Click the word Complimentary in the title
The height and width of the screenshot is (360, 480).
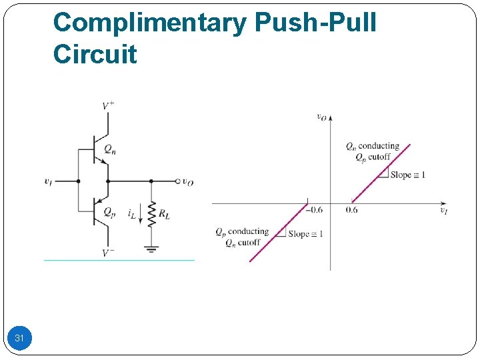(149, 23)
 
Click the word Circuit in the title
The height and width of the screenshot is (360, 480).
(95, 54)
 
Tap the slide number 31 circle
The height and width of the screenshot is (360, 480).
(19, 339)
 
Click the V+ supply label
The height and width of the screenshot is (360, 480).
(107, 106)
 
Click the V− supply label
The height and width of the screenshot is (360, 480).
(107, 252)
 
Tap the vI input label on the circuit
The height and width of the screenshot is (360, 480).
(49, 181)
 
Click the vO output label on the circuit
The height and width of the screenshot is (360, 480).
(189, 181)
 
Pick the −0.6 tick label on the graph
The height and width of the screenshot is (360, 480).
(313, 210)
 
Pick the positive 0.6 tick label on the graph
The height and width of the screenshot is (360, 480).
(351, 210)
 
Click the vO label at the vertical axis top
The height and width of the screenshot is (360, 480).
(321, 117)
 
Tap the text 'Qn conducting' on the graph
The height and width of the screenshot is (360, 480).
(372, 146)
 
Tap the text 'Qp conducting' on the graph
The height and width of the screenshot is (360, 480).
(241, 231)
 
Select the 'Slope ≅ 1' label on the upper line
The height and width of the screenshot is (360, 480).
(407, 175)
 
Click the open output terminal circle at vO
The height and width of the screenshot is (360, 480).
(177, 181)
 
